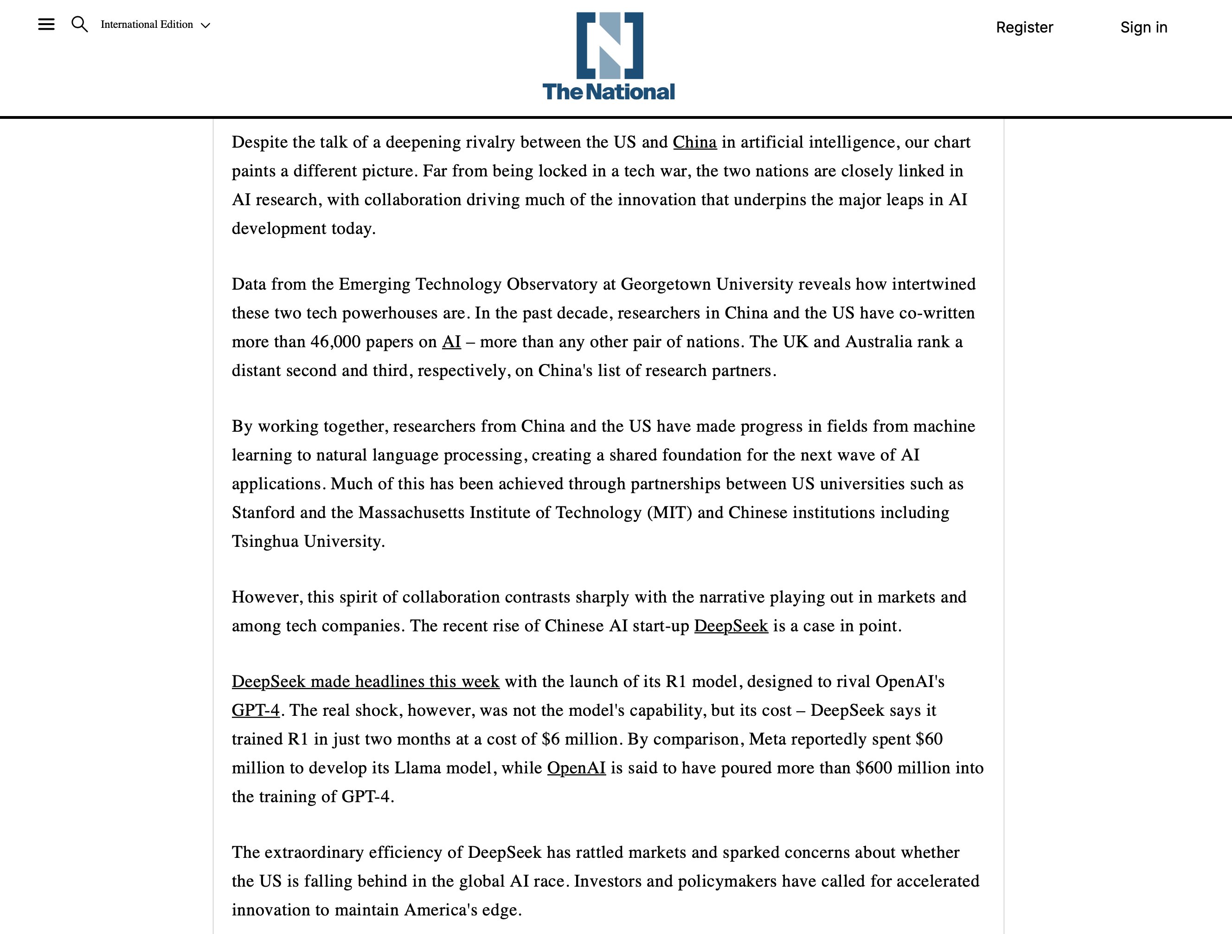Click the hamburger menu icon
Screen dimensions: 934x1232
click(46, 25)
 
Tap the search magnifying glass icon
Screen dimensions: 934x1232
click(80, 25)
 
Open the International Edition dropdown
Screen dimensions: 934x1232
click(155, 25)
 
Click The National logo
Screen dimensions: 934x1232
click(609, 56)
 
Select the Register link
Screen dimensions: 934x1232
click(1024, 27)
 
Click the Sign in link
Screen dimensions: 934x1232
click(1143, 27)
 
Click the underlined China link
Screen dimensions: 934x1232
click(694, 143)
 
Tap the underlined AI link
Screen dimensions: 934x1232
click(451, 342)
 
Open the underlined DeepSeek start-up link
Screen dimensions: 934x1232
click(731, 626)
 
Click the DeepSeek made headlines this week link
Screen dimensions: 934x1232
click(366, 682)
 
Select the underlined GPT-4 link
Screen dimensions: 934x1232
click(256, 711)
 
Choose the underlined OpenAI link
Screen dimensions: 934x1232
click(576, 768)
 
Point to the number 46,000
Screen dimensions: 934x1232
click(335, 342)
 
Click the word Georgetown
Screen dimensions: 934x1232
click(666, 285)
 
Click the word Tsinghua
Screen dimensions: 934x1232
click(265, 542)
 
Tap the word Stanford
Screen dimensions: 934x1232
click(263, 512)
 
